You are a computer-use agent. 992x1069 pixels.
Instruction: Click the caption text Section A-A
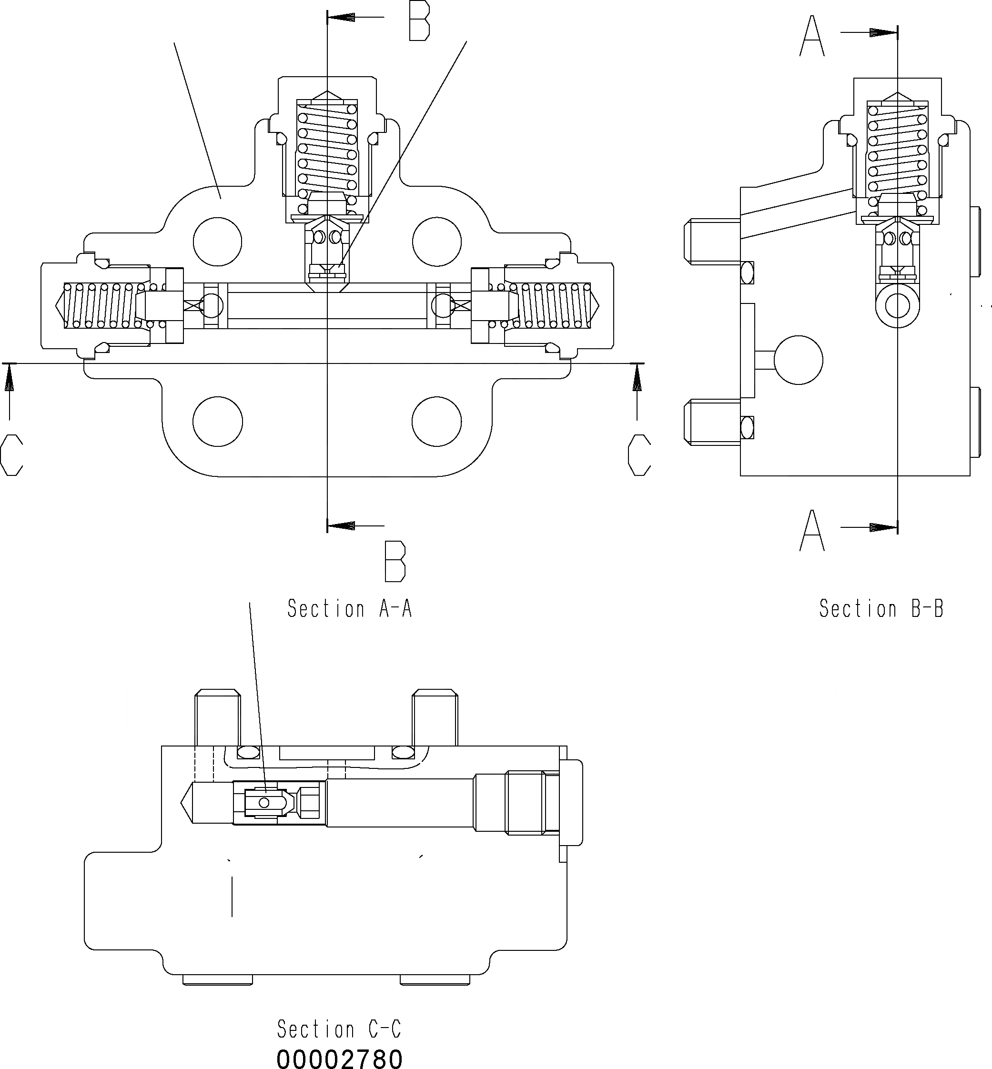coord(349,608)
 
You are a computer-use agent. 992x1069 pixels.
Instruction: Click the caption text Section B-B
coord(881,608)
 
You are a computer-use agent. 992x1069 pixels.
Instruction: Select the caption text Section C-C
coord(339,1029)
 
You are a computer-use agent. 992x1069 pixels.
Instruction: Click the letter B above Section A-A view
coord(419,21)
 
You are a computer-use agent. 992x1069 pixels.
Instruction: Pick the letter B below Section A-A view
coord(395,561)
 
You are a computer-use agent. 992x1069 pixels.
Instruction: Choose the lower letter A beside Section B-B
coord(812,531)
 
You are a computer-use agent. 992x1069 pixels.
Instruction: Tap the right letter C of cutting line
coord(639,455)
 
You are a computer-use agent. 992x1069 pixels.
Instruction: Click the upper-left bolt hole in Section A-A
coord(217,242)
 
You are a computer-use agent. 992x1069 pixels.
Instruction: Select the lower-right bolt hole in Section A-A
coord(436,422)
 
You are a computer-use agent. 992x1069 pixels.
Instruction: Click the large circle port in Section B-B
coord(799,360)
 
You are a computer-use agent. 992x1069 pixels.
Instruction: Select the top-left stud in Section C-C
coord(217,717)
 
